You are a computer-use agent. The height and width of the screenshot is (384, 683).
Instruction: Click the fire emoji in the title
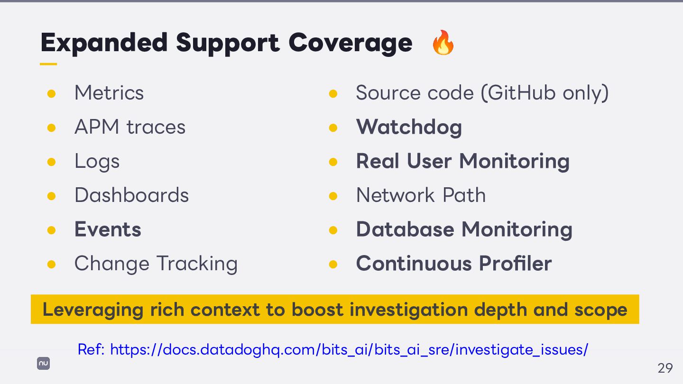click(x=443, y=43)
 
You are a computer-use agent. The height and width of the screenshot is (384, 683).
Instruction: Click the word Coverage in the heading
click(x=350, y=43)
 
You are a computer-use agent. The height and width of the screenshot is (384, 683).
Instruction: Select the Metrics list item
click(x=109, y=93)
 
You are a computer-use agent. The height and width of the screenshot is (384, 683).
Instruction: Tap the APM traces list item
click(x=130, y=127)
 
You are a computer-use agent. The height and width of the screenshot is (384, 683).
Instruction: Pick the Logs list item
click(x=97, y=162)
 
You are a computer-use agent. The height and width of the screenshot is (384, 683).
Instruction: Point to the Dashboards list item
click(x=132, y=195)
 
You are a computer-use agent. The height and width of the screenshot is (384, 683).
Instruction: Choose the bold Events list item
click(x=108, y=229)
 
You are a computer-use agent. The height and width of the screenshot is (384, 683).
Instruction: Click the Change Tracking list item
click(x=156, y=264)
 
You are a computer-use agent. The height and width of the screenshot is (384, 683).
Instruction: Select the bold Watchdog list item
click(x=409, y=127)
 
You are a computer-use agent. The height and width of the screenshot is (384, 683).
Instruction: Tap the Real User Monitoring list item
click(x=462, y=161)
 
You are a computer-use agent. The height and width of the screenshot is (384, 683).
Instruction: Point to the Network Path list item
click(x=421, y=195)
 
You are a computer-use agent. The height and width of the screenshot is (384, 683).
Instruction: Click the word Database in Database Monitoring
click(x=405, y=229)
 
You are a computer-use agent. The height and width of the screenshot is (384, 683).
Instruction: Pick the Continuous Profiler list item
click(x=454, y=264)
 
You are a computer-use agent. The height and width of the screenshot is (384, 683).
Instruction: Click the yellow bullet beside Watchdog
click(x=333, y=128)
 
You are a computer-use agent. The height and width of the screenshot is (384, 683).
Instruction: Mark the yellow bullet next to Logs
click(x=52, y=162)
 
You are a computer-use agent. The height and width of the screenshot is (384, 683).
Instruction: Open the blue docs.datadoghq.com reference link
click(x=349, y=350)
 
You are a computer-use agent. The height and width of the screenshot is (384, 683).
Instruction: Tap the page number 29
click(x=665, y=368)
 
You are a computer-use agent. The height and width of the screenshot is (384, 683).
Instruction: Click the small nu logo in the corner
click(x=44, y=364)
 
